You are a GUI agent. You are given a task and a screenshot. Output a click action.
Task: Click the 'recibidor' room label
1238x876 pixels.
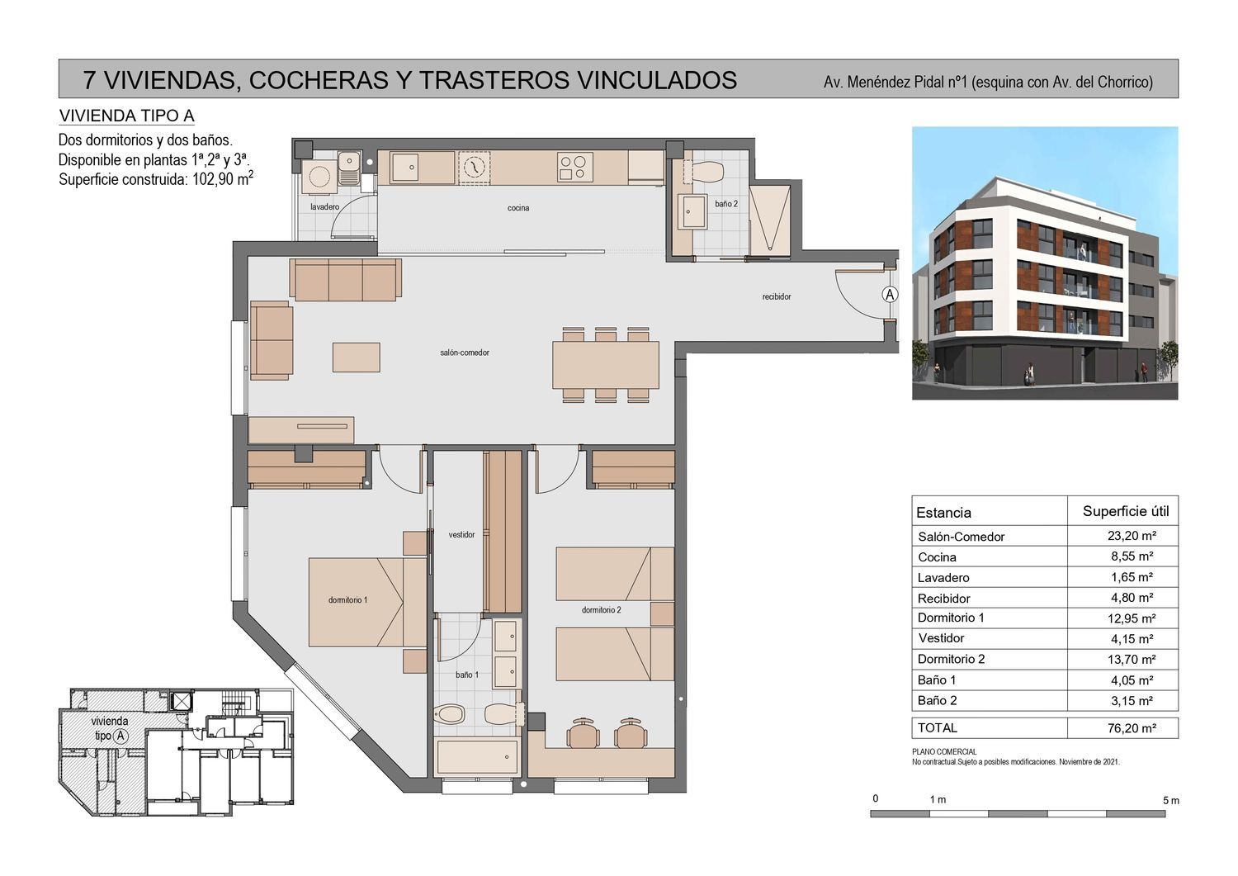point(777,297)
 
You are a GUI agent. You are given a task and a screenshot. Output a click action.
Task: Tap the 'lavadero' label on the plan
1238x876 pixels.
point(324,207)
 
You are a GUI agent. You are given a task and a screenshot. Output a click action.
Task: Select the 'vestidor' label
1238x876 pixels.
point(461,535)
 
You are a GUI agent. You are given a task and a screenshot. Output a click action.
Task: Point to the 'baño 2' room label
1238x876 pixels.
point(726,204)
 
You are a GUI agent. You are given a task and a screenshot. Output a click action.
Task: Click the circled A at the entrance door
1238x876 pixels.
point(890,294)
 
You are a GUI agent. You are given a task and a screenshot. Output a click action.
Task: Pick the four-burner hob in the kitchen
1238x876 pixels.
point(574,167)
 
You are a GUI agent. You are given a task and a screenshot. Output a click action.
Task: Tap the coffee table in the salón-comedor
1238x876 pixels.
point(356,358)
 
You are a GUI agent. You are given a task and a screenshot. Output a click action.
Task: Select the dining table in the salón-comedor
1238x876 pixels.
point(606,365)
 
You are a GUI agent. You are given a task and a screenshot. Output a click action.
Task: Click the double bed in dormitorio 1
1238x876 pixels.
point(367,602)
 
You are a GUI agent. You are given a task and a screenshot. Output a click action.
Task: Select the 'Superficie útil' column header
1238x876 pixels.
point(1126,512)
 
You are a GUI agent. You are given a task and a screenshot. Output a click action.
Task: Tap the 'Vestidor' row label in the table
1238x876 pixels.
point(941,638)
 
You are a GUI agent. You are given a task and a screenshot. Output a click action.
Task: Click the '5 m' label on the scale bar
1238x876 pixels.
point(1171,801)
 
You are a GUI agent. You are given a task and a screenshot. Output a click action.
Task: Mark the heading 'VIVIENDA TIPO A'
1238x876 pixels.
point(126,116)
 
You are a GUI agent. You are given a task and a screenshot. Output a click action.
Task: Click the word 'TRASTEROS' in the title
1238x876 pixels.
point(494,80)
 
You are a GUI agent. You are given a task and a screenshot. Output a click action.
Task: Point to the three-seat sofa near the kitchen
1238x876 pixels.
point(346,280)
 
